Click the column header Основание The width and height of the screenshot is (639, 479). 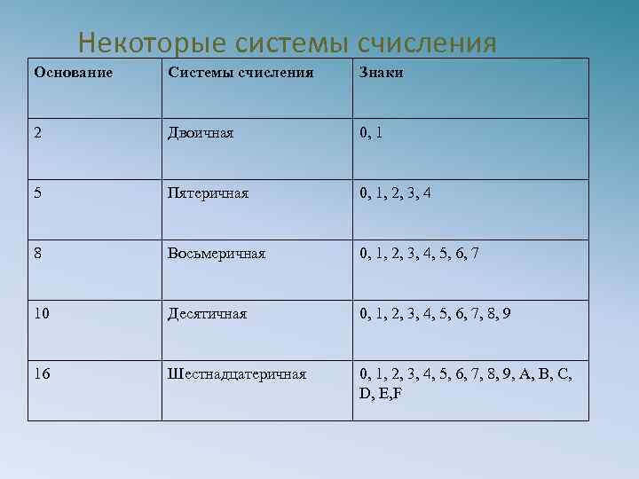pyautogui.click(x=73, y=73)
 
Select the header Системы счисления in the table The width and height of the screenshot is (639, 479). pyautogui.click(x=241, y=73)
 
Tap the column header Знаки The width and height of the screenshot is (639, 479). pyautogui.click(x=381, y=73)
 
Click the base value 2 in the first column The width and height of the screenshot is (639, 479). pyautogui.click(x=38, y=133)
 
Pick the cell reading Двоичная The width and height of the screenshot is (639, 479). pyautogui.click(x=201, y=133)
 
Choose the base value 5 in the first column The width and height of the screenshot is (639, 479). pyautogui.click(x=38, y=192)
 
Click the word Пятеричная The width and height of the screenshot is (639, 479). pyautogui.click(x=209, y=192)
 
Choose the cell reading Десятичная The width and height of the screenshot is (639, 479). pyautogui.click(x=207, y=313)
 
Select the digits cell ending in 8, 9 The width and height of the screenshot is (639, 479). pyautogui.click(x=434, y=313)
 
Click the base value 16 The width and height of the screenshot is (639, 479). pyautogui.click(x=43, y=373)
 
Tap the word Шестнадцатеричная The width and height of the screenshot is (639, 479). pyautogui.click(x=237, y=373)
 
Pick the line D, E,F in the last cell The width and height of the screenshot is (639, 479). pyautogui.click(x=381, y=392)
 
